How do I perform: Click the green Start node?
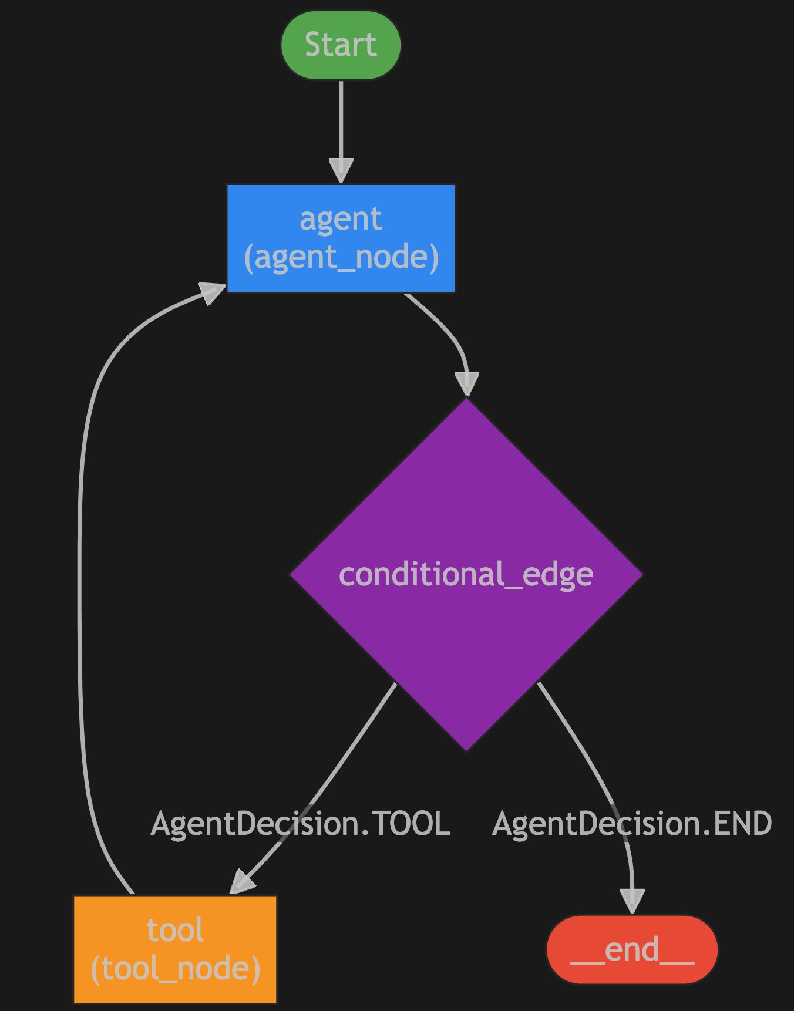(341, 45)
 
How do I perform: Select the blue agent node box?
(341, 238)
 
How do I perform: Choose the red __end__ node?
(632, 949)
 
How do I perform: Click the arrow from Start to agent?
(341, 123)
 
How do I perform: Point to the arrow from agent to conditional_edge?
(446, 329)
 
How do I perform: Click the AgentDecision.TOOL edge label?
(301, 823)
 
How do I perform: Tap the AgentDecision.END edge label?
(632, 823)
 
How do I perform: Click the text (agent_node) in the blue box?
(341, 257)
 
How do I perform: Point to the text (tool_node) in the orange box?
(175, 969)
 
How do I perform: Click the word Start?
(341, 45)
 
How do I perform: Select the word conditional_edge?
(466, 574)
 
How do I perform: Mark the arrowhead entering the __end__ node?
(632, 902)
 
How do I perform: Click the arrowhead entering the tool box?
(242, 882)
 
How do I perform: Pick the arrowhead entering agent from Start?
(341, 170)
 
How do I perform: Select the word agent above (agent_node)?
(341, 220)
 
